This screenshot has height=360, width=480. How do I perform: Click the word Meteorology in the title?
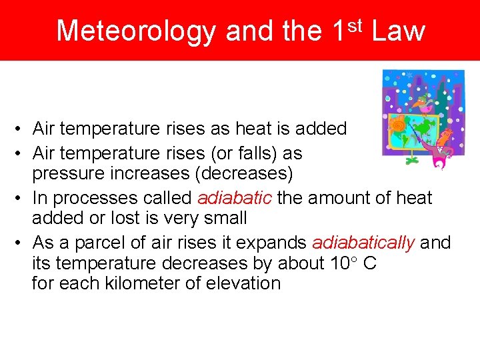[137, 31]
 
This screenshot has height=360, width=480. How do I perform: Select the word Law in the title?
[398, 31]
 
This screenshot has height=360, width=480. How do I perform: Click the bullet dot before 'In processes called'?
[22, 199]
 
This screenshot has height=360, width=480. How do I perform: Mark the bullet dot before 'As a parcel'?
[22, 243]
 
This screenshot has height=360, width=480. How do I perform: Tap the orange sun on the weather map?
[400, 125]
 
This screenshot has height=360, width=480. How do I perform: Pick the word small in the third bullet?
[226, 219]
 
